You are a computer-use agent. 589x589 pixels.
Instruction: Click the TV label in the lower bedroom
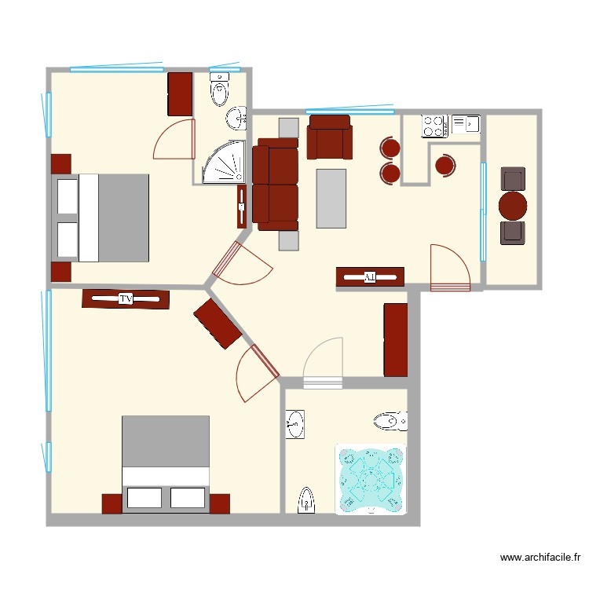(125, 298)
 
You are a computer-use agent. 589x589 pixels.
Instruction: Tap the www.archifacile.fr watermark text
(540, 558)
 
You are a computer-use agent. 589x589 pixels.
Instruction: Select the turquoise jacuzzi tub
(370, 479)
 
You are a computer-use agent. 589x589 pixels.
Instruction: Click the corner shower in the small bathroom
(221, 163)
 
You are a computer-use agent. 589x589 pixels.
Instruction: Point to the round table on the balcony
(514, 206)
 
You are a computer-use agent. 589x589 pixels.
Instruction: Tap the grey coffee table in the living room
(331, 199)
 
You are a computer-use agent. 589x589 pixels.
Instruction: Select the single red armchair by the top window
(330, 137)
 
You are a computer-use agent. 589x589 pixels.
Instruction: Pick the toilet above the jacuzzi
(390, 422)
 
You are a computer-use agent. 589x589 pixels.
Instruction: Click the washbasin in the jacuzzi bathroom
(294, 424)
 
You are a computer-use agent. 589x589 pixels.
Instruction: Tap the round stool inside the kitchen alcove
(444, 165)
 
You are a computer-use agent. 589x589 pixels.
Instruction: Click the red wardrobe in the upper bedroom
(180, 94)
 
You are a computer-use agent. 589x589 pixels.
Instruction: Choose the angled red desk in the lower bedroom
(218, 323)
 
